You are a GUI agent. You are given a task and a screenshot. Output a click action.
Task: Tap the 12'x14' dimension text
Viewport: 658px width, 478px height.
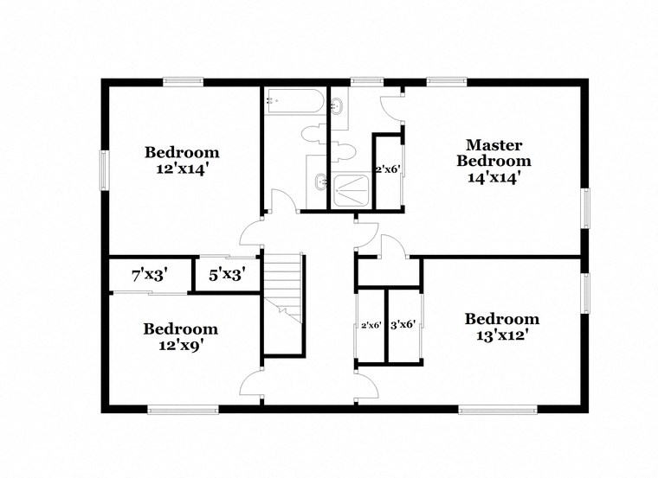point(182,169)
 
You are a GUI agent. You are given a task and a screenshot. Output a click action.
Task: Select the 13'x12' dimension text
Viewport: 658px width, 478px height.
point(501,335)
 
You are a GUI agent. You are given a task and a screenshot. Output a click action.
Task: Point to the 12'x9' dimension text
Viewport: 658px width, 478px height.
point(181,345)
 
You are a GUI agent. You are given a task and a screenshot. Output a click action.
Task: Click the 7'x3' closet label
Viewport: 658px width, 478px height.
point(149,277)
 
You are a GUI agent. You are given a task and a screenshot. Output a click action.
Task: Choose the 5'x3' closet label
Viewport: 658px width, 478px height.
point(227,277)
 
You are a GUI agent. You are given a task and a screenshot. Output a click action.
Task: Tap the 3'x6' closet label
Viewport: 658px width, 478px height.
point(403,325)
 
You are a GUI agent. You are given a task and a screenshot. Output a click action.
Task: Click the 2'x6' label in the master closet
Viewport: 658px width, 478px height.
point(387,169)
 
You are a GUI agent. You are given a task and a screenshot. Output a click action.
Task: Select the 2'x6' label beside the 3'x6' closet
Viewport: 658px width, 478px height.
point(371,325)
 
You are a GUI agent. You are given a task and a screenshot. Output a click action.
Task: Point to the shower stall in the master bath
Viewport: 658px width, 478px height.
point(351,190)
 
